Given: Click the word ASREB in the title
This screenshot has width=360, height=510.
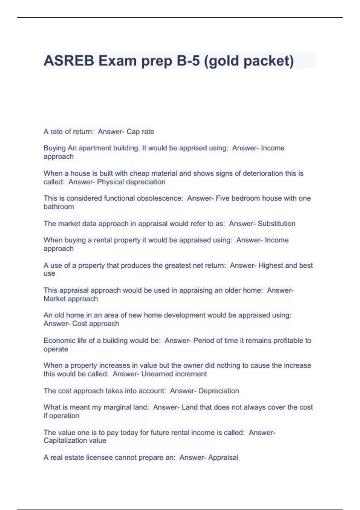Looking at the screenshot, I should click(69, 61).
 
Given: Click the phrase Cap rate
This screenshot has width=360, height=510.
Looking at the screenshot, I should click(140, 132).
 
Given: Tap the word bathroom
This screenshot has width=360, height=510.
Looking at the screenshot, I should click(59, 207).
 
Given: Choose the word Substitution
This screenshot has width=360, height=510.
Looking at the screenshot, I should click(276, 224).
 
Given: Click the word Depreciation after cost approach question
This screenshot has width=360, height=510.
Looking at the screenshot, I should click(219, 391).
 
